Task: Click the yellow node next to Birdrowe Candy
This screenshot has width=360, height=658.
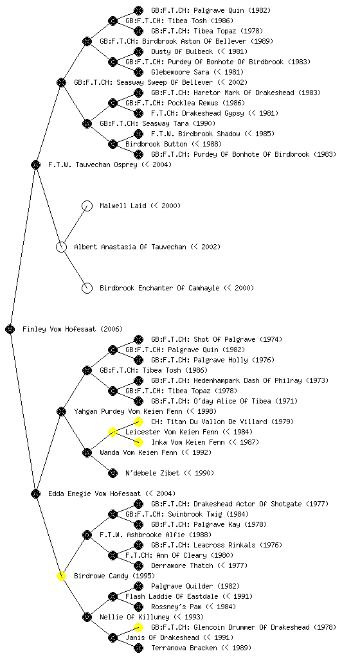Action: click(61, 576)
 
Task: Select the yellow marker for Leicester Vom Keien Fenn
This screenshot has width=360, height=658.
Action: click(113, 432)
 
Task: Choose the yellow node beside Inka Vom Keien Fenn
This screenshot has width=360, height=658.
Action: click(138, 442)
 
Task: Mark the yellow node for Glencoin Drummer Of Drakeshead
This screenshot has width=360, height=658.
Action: click(138, 627)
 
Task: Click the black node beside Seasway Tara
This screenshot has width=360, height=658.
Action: click(87, 123)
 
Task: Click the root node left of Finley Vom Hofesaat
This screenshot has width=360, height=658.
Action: click(10, 329)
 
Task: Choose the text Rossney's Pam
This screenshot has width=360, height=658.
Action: click(194, 607)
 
